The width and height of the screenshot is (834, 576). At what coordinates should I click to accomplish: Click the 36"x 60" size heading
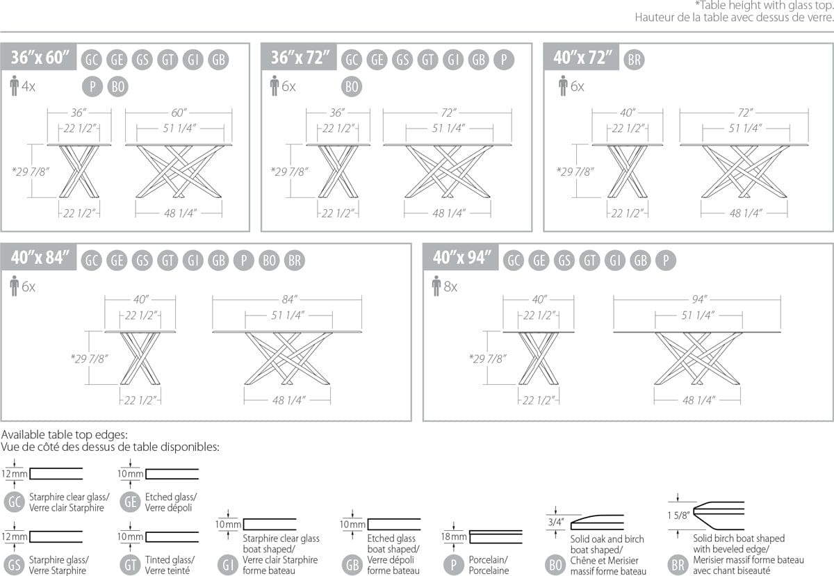tap(40, 58)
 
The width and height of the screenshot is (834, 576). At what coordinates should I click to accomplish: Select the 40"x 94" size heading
tap(461, 257)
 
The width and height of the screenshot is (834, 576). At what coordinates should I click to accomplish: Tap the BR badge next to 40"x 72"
tap(634, 60)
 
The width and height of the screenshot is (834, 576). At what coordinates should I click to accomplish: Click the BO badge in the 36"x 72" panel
tap(352, 87)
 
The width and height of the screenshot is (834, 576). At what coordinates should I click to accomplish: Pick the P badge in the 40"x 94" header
tap(666, 261)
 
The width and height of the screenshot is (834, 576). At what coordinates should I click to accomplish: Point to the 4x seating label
tap(28, 86)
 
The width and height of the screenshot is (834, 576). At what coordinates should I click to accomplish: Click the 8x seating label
tap(450, 287)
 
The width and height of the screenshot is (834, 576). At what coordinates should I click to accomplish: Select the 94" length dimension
tap(699, 299)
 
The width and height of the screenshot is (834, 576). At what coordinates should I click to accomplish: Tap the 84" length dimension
tap(289, 299)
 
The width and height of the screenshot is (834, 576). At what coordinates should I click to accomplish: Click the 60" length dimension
tap(179, 113)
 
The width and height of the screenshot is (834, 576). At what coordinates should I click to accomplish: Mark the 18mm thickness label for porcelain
tap(453, 536)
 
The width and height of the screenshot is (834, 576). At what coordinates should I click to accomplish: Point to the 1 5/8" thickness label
tap(678, 516)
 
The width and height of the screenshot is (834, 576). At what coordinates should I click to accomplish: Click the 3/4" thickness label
tap(556, 522)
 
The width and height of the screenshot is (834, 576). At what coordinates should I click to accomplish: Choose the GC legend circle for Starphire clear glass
tap(14, 502)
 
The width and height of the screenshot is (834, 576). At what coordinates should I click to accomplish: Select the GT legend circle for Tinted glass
tap(131, 565)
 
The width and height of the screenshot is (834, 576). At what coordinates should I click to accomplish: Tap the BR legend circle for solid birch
tap(678, 565)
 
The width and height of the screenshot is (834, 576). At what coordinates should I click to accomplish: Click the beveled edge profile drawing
tap(719, 516)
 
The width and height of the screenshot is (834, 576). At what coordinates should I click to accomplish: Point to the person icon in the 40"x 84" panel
tap(14, 286)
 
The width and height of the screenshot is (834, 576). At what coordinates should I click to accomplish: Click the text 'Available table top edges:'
tap(65, 434)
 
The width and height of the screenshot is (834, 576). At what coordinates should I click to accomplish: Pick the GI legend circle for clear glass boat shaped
tap(228, 565)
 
